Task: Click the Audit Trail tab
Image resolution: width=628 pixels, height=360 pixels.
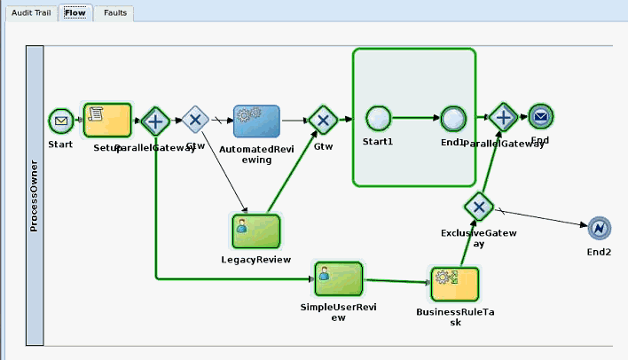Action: (x=32, y=13)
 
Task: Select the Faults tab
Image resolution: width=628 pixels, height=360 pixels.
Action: (x=114, y=13)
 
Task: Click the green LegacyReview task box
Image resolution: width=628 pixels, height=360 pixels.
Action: (x=255, y=231)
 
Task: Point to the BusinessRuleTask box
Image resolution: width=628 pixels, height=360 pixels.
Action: (x=454, y=284)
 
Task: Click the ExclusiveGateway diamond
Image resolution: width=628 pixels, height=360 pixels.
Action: (x=478, y=207)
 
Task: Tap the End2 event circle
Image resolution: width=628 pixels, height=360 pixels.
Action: (x=600, y=229)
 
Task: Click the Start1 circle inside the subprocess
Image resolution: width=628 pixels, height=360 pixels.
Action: (x=379, y=117)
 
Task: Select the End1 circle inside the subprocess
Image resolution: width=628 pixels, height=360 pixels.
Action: (x=452, y=117)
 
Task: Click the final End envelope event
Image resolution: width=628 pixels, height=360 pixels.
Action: (x=540, y=116)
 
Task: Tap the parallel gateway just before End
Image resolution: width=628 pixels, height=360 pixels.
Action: (x=503, y=116)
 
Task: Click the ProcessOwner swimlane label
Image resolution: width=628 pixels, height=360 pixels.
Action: (x=34, y=195)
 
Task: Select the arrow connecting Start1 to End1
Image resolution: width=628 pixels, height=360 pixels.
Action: (x=415, y=117)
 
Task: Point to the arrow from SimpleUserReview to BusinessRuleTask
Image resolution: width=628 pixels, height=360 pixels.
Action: (x=396, y=281)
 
